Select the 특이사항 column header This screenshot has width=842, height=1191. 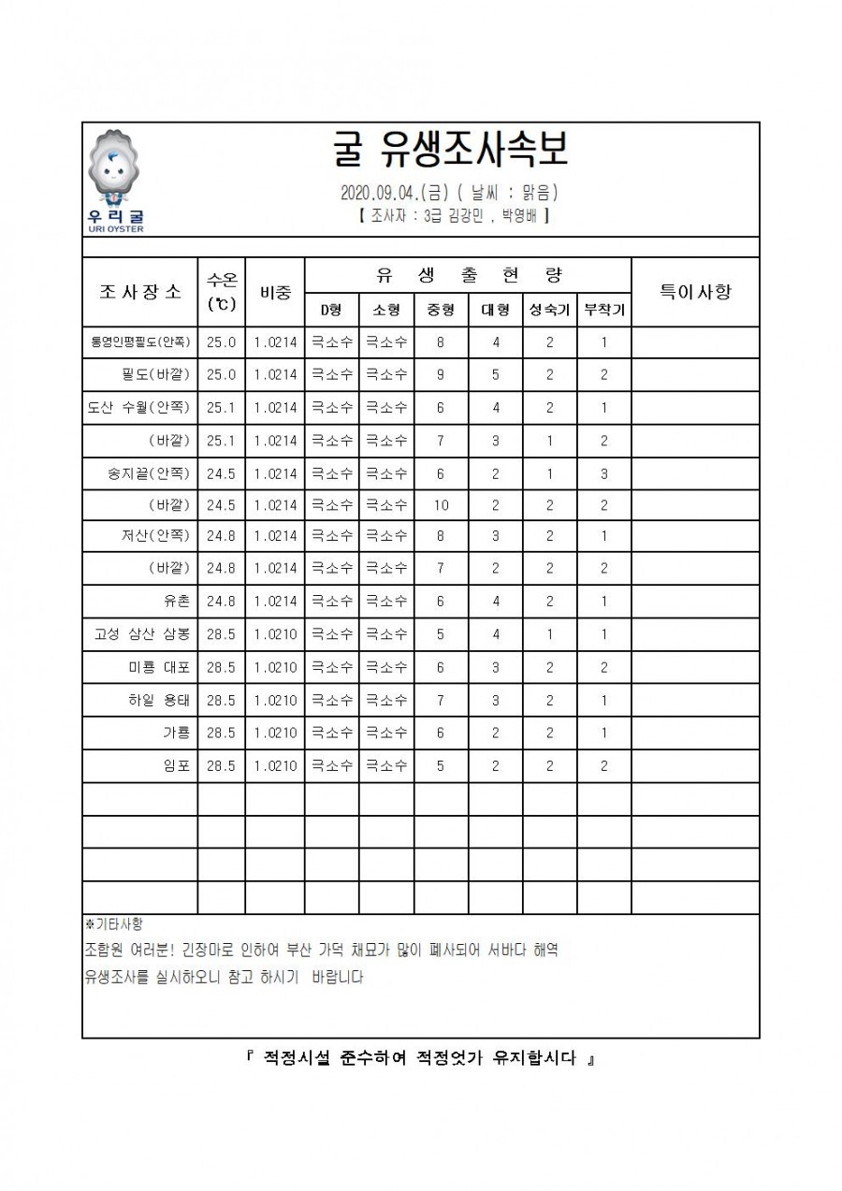click(695, 292)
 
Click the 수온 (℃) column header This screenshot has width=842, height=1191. click(222, 292)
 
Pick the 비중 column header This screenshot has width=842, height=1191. click(275, 292)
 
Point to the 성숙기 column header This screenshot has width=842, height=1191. click(549, 310)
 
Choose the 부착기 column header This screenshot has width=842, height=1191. click(604, 310)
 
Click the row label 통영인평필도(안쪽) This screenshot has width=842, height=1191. click(140, 342)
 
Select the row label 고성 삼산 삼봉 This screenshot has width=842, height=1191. click(142, 634)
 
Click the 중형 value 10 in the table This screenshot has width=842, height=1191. click(441, 505)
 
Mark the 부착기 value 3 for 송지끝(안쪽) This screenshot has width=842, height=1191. click(604, 473)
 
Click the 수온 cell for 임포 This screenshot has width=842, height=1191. click(222, 765)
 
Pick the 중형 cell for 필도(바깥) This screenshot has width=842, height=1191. click(441, 375)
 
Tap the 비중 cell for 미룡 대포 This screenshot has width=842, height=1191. click(275, 668)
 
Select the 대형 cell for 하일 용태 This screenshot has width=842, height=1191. click(496, 700)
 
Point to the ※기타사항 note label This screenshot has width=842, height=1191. click(114, 924)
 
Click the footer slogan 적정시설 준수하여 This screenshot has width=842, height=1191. click(420, 1059)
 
